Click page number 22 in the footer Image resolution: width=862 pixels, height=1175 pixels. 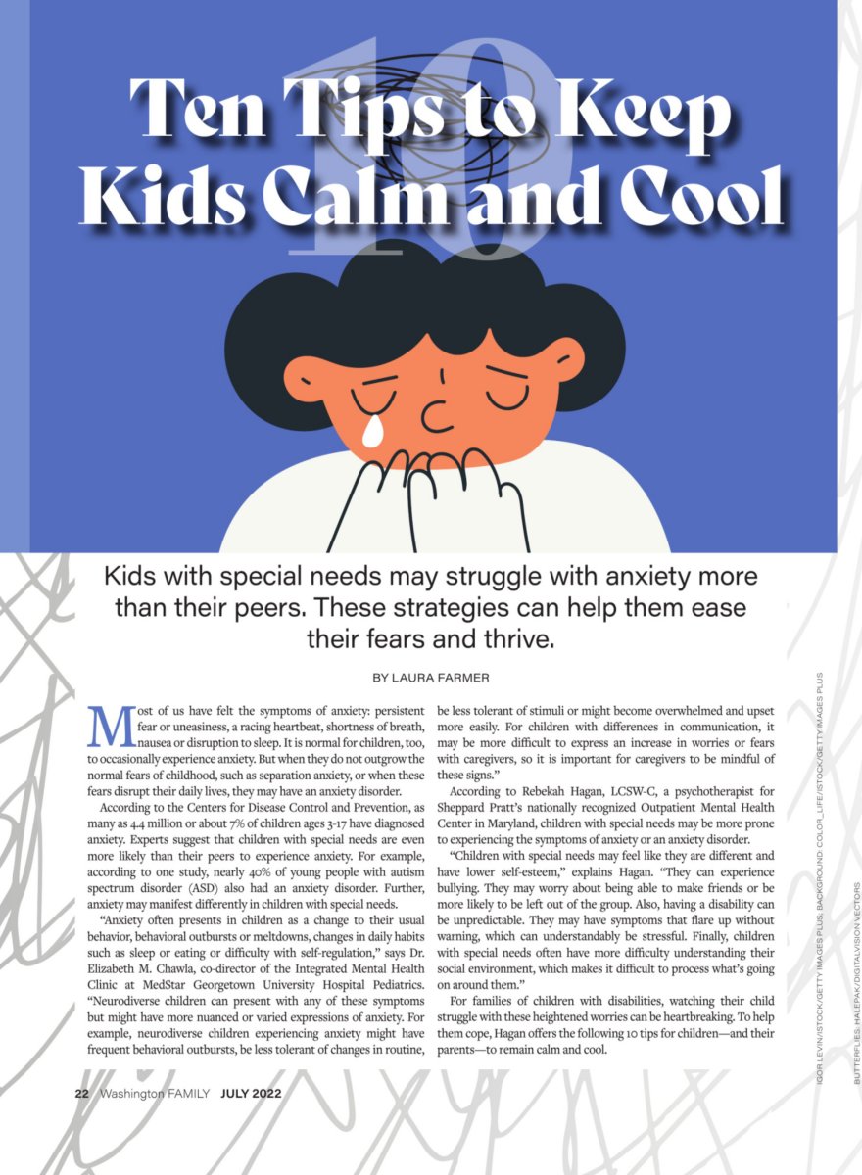(x=83, y=1093)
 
